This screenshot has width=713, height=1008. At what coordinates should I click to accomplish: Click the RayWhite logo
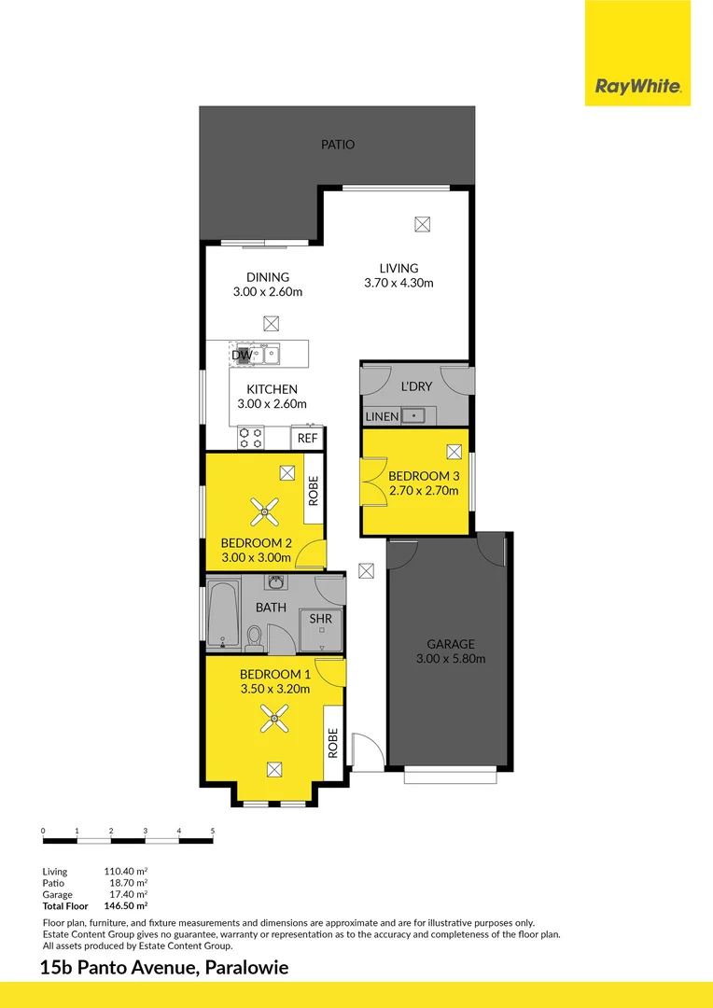[637, 88]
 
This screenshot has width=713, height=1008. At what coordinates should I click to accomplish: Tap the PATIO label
[338, 145]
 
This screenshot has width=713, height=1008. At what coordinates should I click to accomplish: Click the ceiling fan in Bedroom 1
[274, 717]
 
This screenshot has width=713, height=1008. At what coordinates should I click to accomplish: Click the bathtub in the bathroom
[222, 613]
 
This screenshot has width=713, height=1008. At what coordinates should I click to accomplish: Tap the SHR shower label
[320, 618]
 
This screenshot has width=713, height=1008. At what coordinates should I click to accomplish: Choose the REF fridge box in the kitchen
[307, 438]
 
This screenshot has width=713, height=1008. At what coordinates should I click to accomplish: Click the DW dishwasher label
[241, 355]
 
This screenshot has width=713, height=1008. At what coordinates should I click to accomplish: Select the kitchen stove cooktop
[250, 435]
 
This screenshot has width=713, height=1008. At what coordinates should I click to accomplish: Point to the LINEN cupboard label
[382, 416]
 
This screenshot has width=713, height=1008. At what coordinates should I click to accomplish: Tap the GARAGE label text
[451, 644]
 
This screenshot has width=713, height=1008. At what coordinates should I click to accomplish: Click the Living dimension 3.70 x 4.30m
[398, 283]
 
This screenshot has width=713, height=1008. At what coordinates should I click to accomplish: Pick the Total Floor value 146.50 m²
[129, 905]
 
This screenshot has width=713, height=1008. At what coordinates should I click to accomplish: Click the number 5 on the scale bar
[213, 830]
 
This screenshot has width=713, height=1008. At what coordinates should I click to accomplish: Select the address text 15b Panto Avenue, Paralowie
[164, 968]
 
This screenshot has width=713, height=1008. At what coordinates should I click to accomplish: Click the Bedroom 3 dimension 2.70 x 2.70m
[424, 490]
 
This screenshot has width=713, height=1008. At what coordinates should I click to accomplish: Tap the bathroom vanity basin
[275, 582]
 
